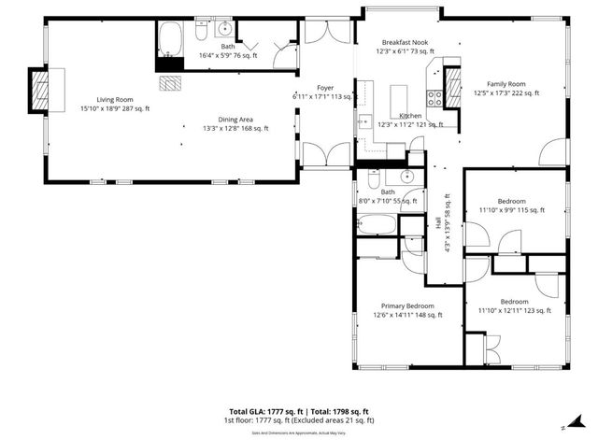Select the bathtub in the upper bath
(x=171, y=40)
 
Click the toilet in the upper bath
(x=201, y=34)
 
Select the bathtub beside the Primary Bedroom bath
(x=377, y=224)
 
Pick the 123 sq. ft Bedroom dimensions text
(x=514, y=310)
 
